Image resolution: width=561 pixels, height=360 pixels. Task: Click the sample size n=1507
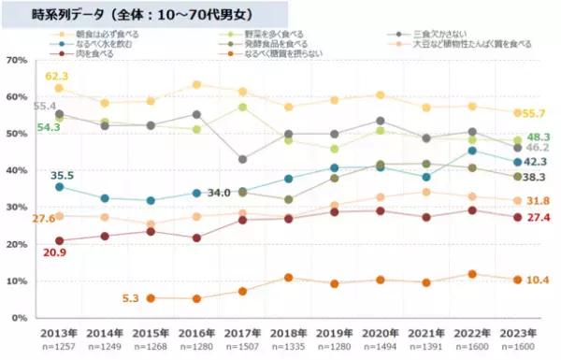pyautogui.click(x=243, y=346)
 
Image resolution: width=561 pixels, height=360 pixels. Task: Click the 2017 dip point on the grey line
pyautogui.click(x=243, y=160)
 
